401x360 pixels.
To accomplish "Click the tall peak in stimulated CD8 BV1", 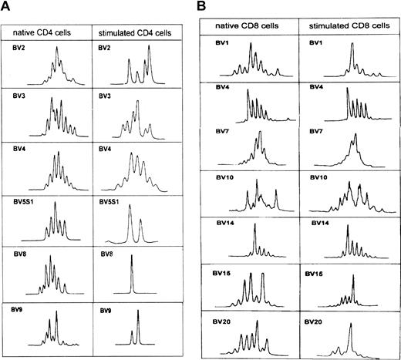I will pos(352,58).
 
